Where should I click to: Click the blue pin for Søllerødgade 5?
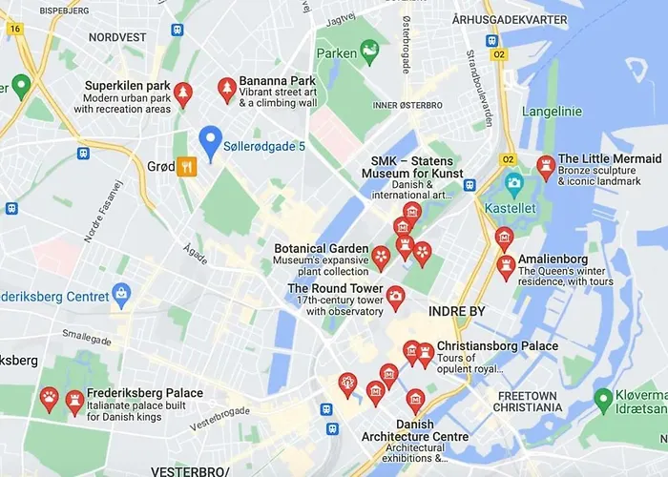(210, 143)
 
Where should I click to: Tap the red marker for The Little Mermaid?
(546, 168)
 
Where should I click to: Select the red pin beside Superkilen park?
(182, 93)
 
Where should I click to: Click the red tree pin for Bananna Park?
(227, 90)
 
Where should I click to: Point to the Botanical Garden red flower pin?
(381, 257)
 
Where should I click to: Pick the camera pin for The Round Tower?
(395, 297)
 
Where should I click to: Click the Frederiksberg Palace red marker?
(74, 404)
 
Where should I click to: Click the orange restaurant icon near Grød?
(187, 166)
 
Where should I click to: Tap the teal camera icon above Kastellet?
(514, 182)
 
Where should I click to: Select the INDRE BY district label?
(457, 312)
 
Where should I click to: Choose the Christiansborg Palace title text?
(497, 346)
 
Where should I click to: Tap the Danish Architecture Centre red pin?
(414, 400)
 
